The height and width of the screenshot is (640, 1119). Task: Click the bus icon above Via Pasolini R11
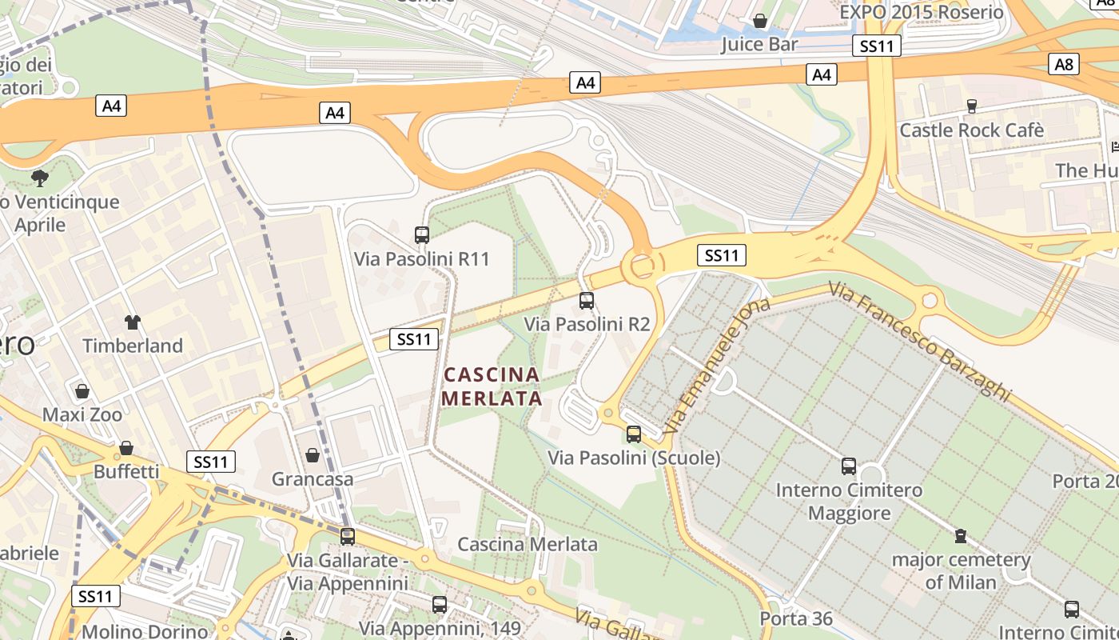click(422, 234)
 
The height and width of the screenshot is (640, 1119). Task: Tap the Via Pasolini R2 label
click(587, 324)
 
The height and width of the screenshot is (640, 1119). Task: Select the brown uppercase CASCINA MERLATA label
click(492, 386)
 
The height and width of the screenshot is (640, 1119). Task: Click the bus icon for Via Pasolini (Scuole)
click(634, 434)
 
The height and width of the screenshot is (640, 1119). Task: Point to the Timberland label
click(133, 346)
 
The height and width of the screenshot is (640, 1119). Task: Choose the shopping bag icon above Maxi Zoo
click(82, 391)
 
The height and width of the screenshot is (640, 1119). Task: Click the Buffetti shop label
click(126, 471)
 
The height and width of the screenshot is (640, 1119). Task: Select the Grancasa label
click(312, 478)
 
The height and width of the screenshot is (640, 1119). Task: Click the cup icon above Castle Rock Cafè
click(972, 106)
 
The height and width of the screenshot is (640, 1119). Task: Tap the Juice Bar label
click(759, 44)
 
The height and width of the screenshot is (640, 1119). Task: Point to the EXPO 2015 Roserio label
click(921, 12)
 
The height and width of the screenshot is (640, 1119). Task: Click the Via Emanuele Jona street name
click(715, 365)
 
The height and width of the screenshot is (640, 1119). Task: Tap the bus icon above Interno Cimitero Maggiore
click(849, 466)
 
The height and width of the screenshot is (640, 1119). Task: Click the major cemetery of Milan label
click(961, 570)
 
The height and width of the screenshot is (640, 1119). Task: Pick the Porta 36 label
click(796, 618)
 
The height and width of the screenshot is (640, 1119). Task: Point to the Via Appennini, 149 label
click(440, 628)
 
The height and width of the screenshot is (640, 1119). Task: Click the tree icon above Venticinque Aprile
click(39, 178)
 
